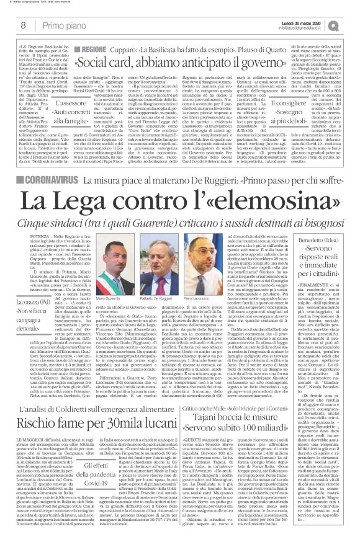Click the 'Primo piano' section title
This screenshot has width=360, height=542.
coord(63,25)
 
